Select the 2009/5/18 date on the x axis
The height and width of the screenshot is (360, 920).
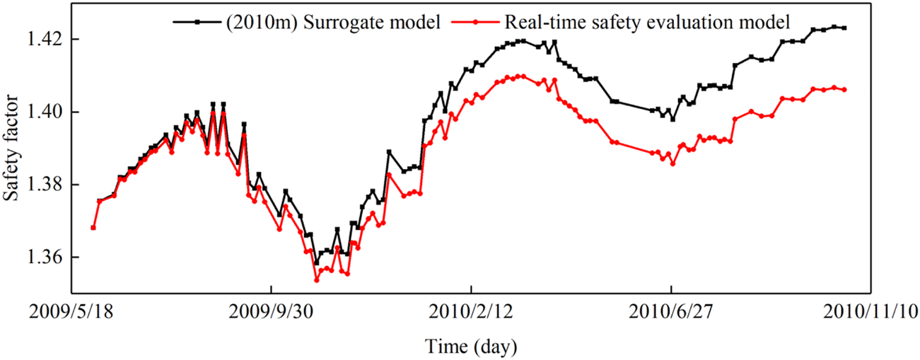tap(71, 311)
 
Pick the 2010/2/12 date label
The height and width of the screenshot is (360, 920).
tap(471, 311)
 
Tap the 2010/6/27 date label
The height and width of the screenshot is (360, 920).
tap(670, 311)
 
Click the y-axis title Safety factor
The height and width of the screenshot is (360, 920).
tap(13, 151)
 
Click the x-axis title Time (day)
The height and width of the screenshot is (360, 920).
tap(471, 347)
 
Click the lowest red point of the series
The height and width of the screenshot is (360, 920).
tap(316, 280)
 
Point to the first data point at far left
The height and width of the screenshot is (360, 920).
tap(93, 228)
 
